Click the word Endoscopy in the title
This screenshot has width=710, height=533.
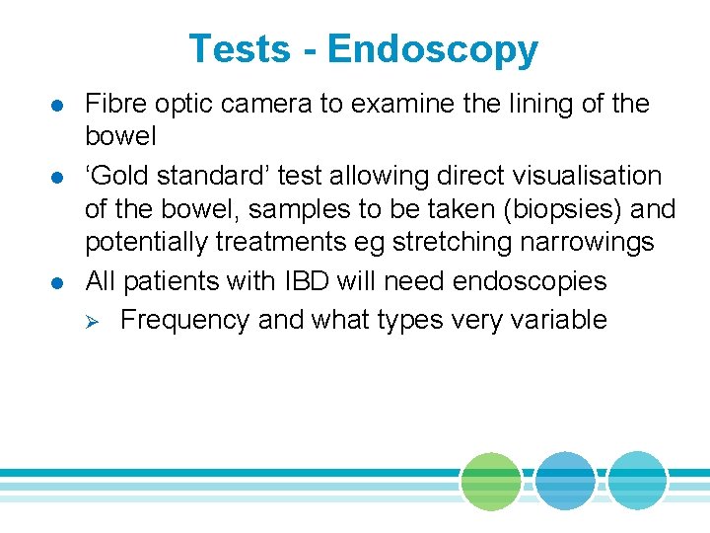pos(433,50)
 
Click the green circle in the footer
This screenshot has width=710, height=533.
pos(490,482)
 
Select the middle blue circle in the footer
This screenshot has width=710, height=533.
pos(565,482)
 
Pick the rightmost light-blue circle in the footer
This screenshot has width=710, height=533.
pos(636,482)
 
